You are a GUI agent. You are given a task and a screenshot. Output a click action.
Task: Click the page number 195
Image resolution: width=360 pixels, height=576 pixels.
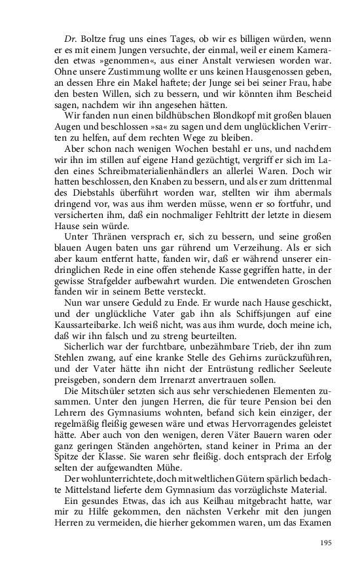pyautogui.click(x=327, y=543)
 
